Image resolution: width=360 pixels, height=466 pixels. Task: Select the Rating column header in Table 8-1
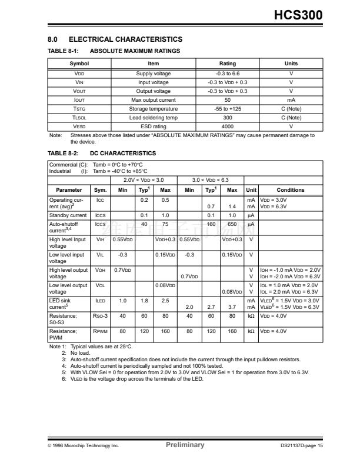[227, 64]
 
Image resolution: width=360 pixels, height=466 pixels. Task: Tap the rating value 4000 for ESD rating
[227, 127]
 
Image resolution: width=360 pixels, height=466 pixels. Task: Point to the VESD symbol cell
[79, 127]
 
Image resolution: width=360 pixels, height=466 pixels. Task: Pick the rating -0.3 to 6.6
[227, 74]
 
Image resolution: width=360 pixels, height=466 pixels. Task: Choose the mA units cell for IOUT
[291, 100]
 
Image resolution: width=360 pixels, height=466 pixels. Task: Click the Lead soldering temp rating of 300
[227, 118]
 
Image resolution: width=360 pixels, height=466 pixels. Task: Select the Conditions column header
[291, 190]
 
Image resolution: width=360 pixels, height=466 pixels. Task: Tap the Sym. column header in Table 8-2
[101, 190]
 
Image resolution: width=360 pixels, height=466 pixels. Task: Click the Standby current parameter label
[68, 215]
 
